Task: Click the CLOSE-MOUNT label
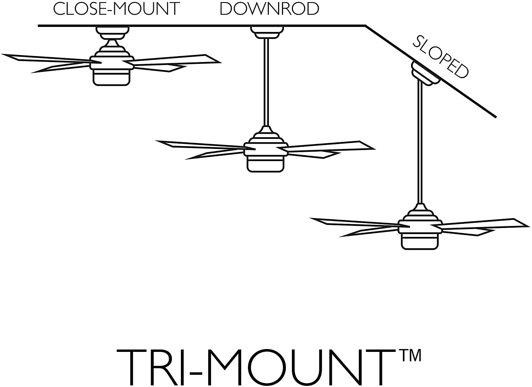tap(116, 9)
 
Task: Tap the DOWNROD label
tap(269, 9)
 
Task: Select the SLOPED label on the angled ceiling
tap(440, 56)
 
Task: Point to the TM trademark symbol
tap(411, 355)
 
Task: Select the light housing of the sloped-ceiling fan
tap(420, 241)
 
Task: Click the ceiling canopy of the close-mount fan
tap(111, 32)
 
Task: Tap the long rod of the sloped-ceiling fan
tap(420, 142)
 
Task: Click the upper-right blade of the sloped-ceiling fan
tap(482, 223)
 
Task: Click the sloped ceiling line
tap(461, 92)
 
